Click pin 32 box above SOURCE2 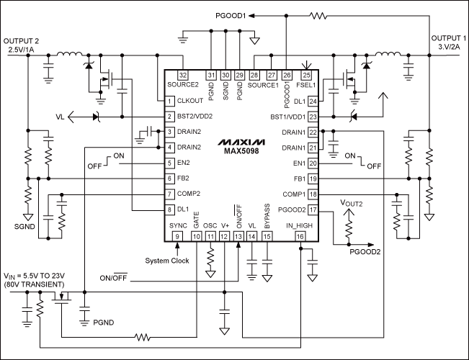point(183,75)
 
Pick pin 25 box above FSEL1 point(307,75)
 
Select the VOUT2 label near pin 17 point(351,204)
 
